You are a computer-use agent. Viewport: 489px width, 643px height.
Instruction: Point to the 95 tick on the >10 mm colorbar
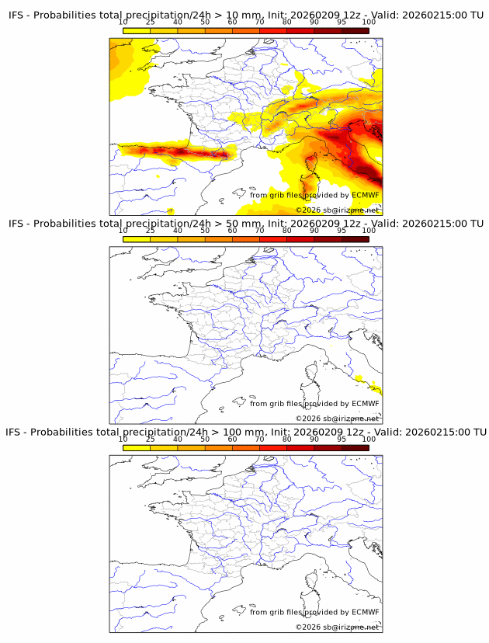(342, 23)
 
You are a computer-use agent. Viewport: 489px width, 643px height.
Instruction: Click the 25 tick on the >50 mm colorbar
(151, 231)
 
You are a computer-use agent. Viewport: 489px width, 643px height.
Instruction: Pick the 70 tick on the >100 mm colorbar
(260, 439)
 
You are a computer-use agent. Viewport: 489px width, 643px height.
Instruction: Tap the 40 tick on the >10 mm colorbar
(178, 23)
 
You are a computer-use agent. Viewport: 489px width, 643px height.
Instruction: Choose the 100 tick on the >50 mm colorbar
(369, 231)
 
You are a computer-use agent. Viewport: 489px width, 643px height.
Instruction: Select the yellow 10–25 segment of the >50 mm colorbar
(137, 238)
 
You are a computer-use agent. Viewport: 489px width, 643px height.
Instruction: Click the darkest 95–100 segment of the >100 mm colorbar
(355, 447)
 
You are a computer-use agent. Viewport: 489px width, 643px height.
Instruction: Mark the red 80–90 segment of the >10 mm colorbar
(300, 31)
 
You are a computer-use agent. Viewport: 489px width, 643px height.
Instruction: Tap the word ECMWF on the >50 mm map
(366, 403)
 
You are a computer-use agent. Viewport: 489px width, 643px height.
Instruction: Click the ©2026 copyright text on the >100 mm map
(337, 626)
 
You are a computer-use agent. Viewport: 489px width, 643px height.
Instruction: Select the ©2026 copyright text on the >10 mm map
(337, 210)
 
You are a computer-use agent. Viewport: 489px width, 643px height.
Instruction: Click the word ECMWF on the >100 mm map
(366, 612)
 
